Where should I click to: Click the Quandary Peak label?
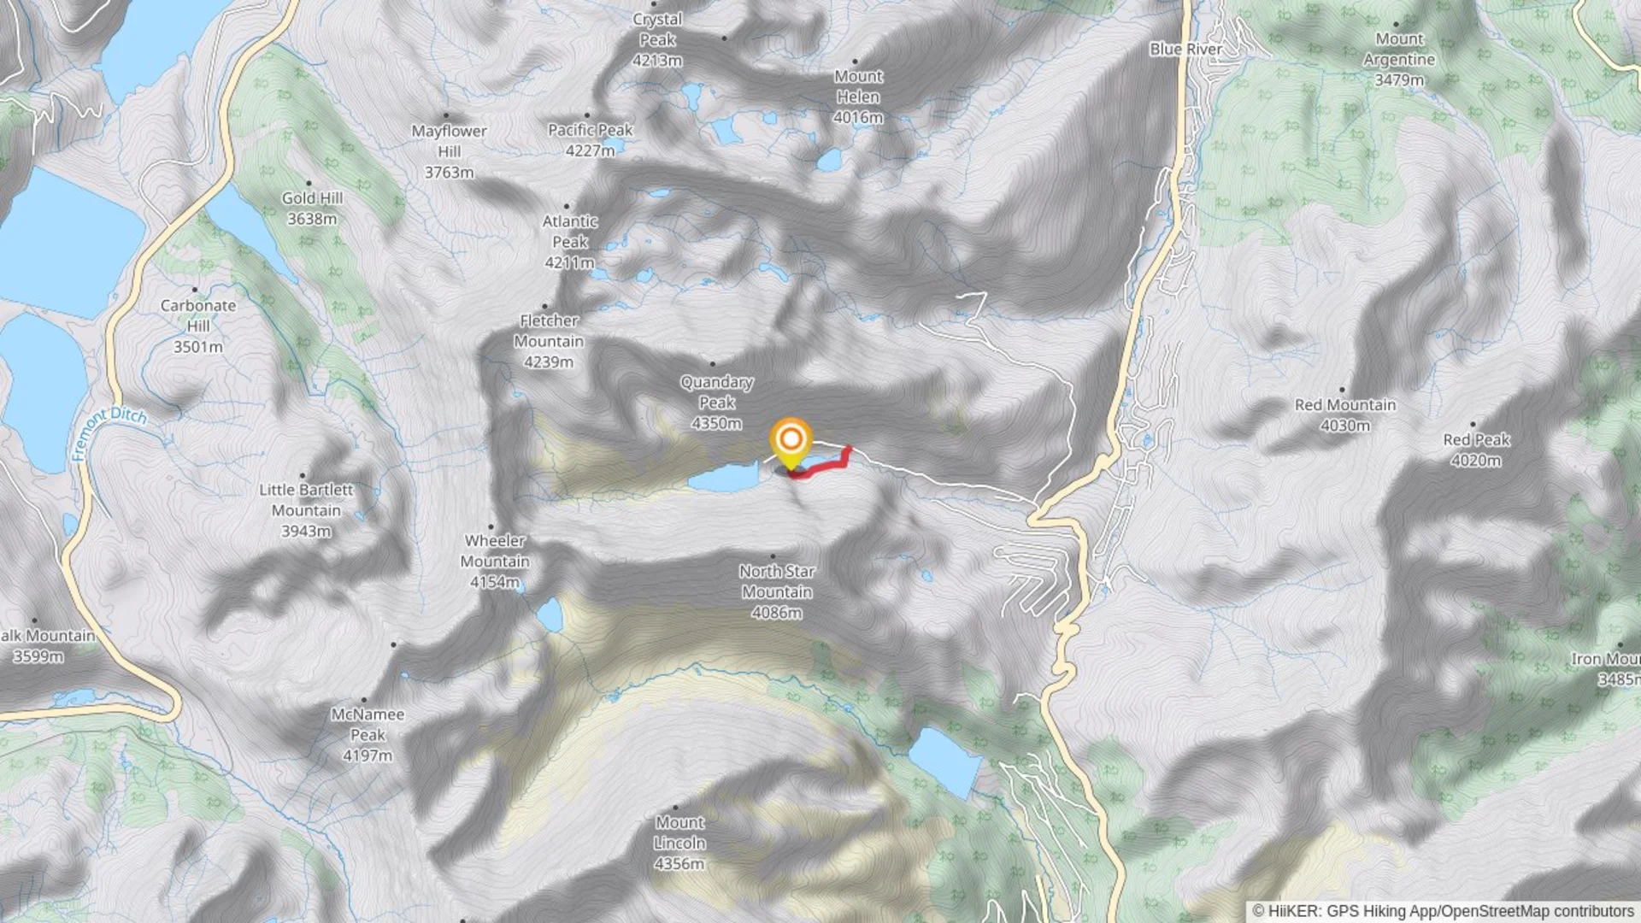click(716, 403)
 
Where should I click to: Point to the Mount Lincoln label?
click(680, 843)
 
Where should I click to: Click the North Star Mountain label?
click(777, 591)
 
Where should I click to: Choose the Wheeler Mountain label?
click(495, 561)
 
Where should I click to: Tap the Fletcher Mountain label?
click(549, 341)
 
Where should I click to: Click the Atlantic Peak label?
click(570, 242)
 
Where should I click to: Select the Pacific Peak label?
click(590, 140)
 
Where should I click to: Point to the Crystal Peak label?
click(657, 40)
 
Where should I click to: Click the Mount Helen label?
click(858, 97)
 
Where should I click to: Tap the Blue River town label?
click(1185, 50)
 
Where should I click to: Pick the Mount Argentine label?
click(1399, 60)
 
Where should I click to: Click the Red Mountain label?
click(1345, 414)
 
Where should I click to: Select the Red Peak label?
click(1476, 450)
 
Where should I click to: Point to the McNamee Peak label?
click(368, 735)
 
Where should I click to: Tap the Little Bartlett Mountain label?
click(306, 510)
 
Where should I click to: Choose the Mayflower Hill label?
click(449, 151)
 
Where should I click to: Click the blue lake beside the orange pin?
click(722, 479)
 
